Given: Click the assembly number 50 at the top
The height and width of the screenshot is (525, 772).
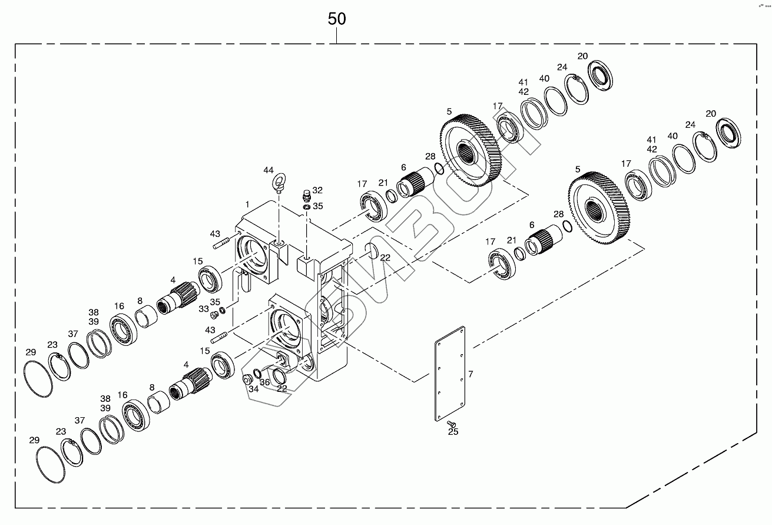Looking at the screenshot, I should pos(337,19).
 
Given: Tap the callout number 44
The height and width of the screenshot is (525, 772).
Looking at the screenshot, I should pos(269,170).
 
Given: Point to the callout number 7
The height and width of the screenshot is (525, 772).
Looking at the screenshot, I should pos(471,374).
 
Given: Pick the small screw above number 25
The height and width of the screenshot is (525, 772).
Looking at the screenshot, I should pos(452,423).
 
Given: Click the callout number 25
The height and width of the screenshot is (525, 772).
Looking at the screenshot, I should pos(453,432).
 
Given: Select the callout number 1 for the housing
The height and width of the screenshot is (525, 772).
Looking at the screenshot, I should pos(248,204).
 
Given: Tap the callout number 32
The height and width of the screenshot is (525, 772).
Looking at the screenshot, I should pos(317,190).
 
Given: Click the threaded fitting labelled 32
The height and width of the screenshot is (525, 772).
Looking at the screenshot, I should pos(306,195).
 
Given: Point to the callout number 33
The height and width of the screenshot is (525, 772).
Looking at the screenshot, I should pos(204,308).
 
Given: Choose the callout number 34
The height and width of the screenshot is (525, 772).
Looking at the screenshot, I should pos(253,388).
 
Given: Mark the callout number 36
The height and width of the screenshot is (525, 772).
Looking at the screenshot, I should pos(265,382).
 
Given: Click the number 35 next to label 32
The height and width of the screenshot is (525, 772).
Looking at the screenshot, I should pos(318,206).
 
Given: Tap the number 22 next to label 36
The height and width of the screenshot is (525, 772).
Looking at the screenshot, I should pos(281,388).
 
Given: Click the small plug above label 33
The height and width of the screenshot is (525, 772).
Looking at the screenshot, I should pos(214,316).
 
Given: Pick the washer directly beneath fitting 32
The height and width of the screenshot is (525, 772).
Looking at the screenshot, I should pos(307,207).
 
